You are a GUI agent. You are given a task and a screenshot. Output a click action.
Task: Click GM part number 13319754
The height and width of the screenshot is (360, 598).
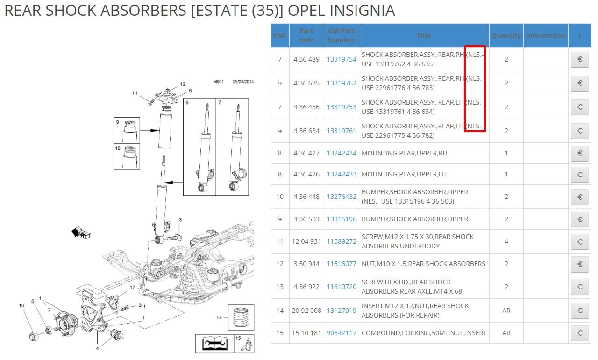tap(342, 59)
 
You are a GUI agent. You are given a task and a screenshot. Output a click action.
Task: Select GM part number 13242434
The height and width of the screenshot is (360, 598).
tap(342, 153)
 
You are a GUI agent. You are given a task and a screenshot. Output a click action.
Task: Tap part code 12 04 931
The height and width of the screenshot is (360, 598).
tap(306, 241)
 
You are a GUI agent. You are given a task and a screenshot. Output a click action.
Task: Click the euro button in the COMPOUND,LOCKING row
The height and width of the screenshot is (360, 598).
tap(580, 333)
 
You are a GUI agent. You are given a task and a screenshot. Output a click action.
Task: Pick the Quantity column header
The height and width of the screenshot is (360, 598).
tap(506, 35)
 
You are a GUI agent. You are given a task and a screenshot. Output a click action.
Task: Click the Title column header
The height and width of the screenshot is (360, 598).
tap(424, 35)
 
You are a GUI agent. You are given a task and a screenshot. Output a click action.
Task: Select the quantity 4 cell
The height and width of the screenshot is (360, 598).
tap(506, 241)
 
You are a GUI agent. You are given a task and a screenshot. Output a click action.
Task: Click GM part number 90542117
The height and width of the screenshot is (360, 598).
tap(342, 333)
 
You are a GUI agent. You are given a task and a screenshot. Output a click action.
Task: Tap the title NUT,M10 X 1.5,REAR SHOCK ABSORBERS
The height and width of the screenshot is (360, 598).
tap(423, 264)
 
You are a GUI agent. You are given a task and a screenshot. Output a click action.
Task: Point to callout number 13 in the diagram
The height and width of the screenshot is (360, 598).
tap(179, 219)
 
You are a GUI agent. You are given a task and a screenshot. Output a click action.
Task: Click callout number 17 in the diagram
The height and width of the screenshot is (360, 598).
tap(132, 288)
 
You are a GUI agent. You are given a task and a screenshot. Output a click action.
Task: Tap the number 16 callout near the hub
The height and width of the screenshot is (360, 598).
tap(21, 305)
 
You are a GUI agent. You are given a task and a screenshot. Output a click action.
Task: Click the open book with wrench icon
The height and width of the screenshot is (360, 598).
tap(215, 343)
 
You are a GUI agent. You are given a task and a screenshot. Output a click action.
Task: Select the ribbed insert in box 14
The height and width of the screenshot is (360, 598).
tap(241, 318)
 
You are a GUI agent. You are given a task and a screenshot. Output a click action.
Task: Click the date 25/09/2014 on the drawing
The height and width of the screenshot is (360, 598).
tap(243, 82)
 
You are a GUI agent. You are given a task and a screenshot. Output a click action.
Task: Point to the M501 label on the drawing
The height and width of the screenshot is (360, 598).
tap(218, 82)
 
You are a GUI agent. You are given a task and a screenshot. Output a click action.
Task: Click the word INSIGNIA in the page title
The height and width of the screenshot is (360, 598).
tap(362, 11)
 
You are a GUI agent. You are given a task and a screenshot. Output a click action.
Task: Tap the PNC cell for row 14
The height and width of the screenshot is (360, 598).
tap(280, 311)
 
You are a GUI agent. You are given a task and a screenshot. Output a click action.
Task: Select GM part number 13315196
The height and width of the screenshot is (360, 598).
tap(342, 219)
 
